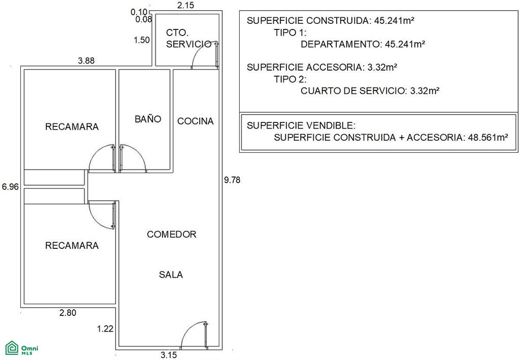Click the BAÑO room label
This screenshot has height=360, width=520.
pyautogui.click(x=148, y=119)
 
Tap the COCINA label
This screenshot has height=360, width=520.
pyautogui.click(x=196, y=121)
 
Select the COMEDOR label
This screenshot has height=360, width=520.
pyautogui.click(x=172, y=235)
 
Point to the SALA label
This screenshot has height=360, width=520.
pyautogui.click(x=171, y=275)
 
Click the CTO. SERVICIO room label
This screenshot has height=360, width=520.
pyautogui.click(x=188, y=39)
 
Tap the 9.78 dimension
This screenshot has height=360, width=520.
pyautogui.click(x=232, y=180)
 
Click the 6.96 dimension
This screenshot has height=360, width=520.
pyautogui.click(x=10, y=187)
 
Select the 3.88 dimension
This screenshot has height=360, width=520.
pyautogui.click(x=86, y=60)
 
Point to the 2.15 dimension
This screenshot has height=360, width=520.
pyautogui.click(x=186, y=5)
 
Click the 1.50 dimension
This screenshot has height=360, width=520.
pyautogui.click(x=142, y=40)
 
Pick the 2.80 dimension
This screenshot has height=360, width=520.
pyautogui.click(x=68, y=313)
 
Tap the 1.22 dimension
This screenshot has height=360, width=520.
pyautogui.click(x=105, y=329)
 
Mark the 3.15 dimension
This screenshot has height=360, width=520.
pyautogui.click(x=169, y=355)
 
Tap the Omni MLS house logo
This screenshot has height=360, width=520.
pyautogui.click(x=12, y=348)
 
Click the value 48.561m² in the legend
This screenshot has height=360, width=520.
pyautogui.click(x=488, y=137)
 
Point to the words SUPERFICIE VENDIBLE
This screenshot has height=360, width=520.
pyautogui.click(x=300, y=125)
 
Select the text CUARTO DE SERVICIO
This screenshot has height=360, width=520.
pyautogui.click(x=353, y=91)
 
